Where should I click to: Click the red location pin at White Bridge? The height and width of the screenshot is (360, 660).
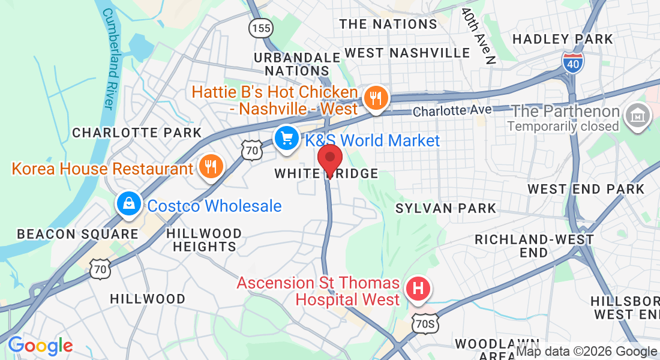(x=329, y=158)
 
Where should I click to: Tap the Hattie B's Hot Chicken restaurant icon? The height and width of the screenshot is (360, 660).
(x=376, y=97)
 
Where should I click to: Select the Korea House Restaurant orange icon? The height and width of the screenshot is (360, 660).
(x=211, y=167)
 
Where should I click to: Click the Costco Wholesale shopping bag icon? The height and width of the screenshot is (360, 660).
(x=129, y=204)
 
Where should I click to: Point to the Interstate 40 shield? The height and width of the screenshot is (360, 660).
(x=574, y=62)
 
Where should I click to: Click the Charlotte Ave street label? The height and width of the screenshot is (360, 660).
(x=452, y=110)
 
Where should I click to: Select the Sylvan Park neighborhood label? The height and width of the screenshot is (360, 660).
(x=446, y=208)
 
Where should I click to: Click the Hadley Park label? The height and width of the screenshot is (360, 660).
(x=563, y=39)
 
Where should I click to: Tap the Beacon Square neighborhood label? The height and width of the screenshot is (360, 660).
(x=77, y=234)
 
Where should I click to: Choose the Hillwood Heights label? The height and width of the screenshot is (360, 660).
(x=204, y=240)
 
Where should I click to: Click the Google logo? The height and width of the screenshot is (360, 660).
(x=40, y=346)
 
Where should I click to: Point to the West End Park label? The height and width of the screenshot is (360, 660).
(x=586, y=189)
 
